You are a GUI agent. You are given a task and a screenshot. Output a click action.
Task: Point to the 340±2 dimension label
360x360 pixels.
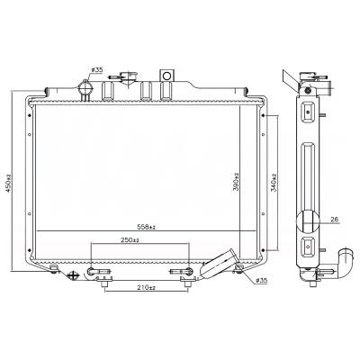tap(274, 186)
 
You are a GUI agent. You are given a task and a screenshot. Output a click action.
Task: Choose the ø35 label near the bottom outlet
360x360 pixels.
tap(260, 282)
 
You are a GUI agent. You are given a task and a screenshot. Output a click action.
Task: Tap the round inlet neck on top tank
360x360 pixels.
tap(85, 90)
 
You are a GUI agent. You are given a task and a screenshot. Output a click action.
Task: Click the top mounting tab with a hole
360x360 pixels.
tap(166, 75)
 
